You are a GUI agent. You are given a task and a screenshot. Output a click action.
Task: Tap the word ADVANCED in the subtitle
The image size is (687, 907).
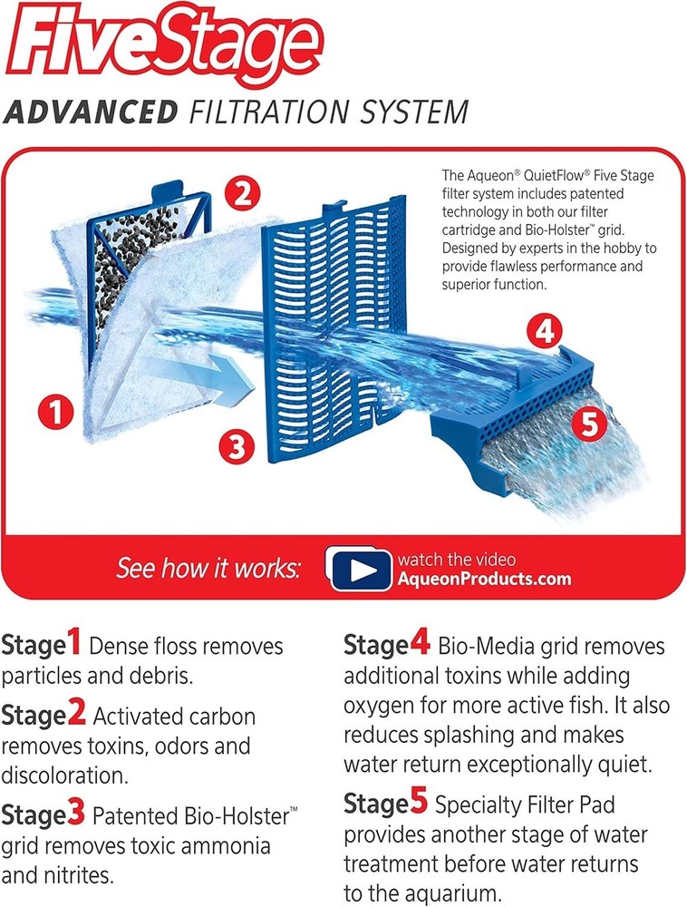click(91, 113)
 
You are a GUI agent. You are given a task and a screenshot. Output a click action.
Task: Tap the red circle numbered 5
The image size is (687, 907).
click(590, 424)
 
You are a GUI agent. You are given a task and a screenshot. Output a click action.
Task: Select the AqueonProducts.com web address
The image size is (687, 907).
click(484, 580)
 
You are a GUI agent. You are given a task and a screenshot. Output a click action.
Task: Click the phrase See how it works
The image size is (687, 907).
click(208, 570)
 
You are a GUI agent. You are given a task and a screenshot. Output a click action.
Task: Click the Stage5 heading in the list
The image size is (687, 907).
click(386, 804)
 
